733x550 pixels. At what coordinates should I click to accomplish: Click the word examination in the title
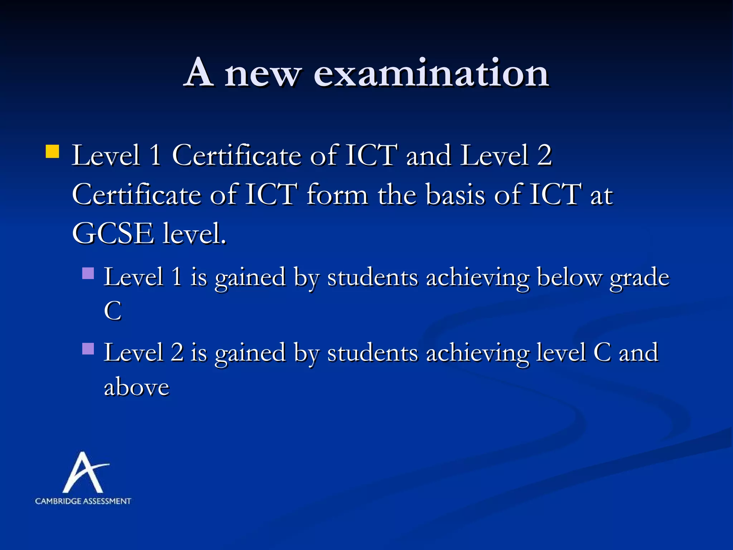(431, 74)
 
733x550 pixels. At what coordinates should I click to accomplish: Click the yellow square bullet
(52, 151)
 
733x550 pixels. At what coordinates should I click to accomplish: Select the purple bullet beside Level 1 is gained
(88, 274)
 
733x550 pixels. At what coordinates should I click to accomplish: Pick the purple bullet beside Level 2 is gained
(88, 349)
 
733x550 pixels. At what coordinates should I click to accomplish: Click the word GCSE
(113, 233)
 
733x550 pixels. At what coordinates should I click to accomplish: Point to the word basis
(456, 195)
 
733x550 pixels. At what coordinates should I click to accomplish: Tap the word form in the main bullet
(338, 195)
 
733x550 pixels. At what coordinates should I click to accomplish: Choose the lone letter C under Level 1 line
(113, 310)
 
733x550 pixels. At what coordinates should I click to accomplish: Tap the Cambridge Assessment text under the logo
(83, 501)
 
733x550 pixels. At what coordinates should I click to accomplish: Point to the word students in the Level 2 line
(373, 353)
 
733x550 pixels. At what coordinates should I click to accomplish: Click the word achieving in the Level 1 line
(477, 278)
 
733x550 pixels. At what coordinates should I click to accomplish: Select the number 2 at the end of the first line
(544, 155)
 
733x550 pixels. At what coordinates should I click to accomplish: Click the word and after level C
(639, 353)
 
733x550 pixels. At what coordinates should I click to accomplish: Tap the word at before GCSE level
(601, 196)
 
